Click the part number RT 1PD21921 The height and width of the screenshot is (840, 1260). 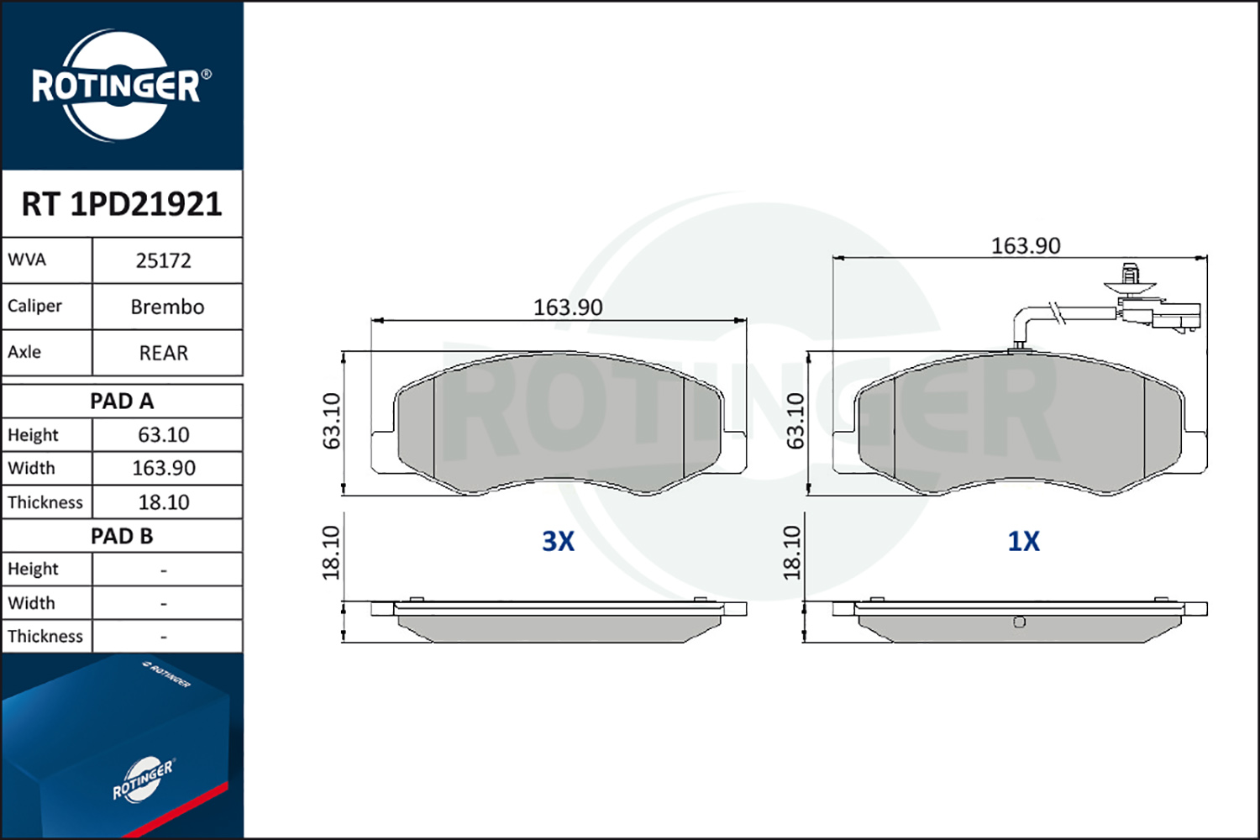(122, 203)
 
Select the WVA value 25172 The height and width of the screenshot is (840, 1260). (164, 260)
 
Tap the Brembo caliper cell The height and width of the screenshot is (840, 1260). (167, 307)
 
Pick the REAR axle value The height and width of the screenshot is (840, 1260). (164, 353)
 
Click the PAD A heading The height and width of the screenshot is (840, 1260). (122, 402)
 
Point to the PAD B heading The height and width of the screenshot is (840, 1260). (122, 536)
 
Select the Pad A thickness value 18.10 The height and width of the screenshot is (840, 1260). (164, 501)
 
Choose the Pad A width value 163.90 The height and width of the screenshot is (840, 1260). (164, 468)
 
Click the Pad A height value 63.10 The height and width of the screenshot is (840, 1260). (164, 435)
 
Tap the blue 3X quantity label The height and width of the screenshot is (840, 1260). (558, 541)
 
